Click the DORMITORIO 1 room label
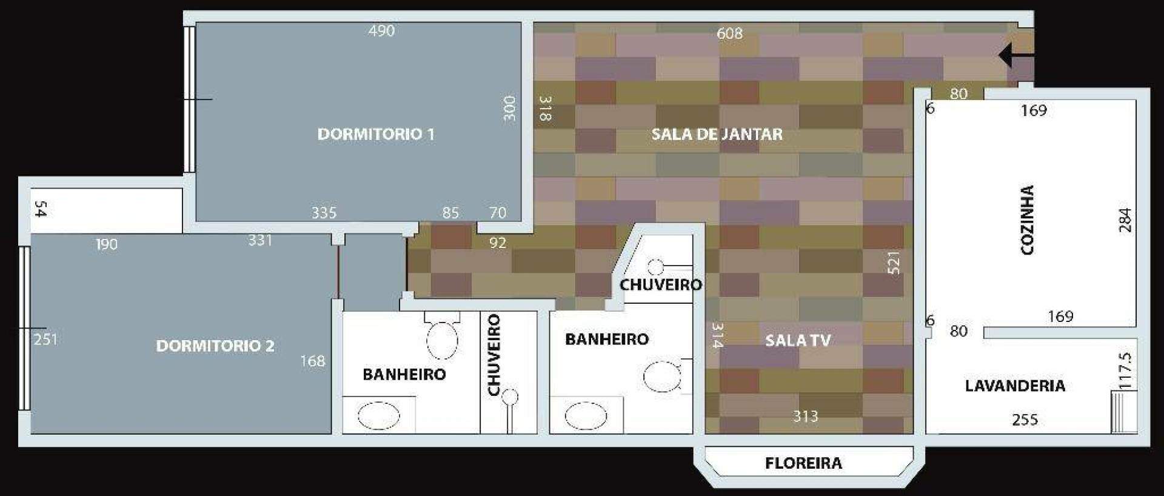(x=376, y=134)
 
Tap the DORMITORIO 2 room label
(x=215, y=346)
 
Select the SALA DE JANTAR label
(x=717, y=134)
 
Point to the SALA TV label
(x=798, y=340)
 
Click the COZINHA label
(x=1028, y=220)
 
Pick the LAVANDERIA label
(x=1015, y=386)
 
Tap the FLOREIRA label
(x=803, y=464)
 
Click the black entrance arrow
(x=1016, y=55)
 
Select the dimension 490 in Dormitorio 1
(x=381, y=31)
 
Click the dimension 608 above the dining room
(x=729, y=33)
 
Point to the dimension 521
(x=894, y=263)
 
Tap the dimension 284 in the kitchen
(x=1125, y=220)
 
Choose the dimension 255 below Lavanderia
(x=1025, y=420)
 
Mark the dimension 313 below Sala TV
(x=806, y=417)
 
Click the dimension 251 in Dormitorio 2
(x=45, y=339)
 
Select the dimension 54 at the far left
(x=41, y=209)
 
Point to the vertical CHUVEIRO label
(x=494, y=355)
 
